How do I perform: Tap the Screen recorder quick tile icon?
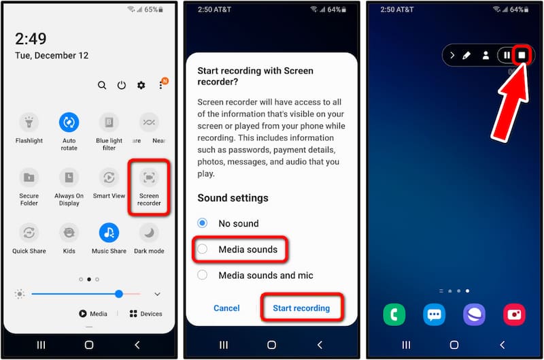tap(149, 178)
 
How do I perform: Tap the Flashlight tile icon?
tap(29, 122)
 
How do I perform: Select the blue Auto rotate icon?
tap(69, 122)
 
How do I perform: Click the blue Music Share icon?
tap(109, 233)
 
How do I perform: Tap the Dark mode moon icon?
tap(149, 233)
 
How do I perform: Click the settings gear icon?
tap(141, 85)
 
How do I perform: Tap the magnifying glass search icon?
tap(101, 85)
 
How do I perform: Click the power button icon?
tap(122, 85)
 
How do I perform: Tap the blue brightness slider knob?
tap(119, 294)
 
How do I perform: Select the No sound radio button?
tap(202, 223)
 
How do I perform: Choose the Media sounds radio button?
tap(202, 249)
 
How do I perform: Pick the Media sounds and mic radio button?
tap(202, 275)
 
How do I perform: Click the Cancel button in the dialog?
tap(226, 308)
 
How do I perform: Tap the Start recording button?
tap(301, 308)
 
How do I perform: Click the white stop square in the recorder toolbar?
tap(522, 55)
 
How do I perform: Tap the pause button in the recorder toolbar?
tap(507, 55)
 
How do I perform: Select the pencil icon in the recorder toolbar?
tap(466, 55)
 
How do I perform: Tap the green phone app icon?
tap(394, 314)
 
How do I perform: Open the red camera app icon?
tap(514, 314)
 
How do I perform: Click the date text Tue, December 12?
tap(52, 56)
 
